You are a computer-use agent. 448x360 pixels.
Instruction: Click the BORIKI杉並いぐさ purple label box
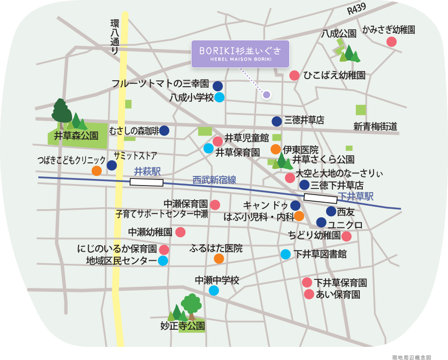pos(240,54)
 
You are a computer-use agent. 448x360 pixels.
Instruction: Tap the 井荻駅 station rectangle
pos(147,182)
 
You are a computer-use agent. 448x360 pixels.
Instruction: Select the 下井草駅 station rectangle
pos(321,199)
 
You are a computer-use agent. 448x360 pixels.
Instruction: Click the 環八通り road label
pos(115,37)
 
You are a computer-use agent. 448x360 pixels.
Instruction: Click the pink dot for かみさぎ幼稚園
pos(392,42)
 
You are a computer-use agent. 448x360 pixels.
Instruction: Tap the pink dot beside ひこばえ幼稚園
pos(294,76)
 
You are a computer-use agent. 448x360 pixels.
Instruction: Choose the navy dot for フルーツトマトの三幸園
pos(218,86)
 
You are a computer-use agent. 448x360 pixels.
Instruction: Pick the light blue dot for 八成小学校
pos(219,97)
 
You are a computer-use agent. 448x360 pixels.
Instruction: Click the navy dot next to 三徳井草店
pos(277,121)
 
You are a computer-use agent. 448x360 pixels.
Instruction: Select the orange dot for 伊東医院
pos(276,149)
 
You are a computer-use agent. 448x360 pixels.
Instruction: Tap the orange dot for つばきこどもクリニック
pos(96,170)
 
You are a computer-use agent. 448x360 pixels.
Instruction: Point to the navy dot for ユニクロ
pos(322,222)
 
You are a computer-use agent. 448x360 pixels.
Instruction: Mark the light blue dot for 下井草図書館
pos(286,254)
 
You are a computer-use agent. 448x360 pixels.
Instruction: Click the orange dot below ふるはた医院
pos(219,259)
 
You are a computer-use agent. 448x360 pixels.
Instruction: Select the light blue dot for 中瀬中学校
pos(214,290)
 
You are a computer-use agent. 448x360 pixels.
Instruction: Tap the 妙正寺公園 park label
pos(182,326)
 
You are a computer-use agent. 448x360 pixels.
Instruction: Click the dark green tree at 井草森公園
pos(61,111)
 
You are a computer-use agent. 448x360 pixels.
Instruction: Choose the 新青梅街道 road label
pos(375,127)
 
